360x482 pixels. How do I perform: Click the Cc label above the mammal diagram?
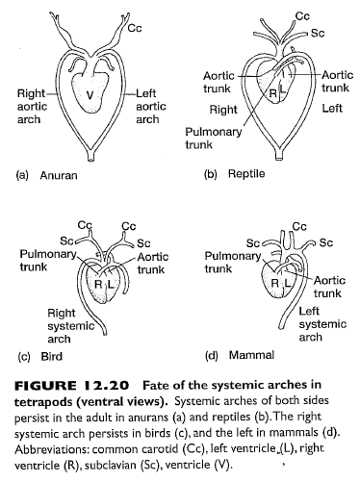(299, 226)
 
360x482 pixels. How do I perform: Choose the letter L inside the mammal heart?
(286, 286)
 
